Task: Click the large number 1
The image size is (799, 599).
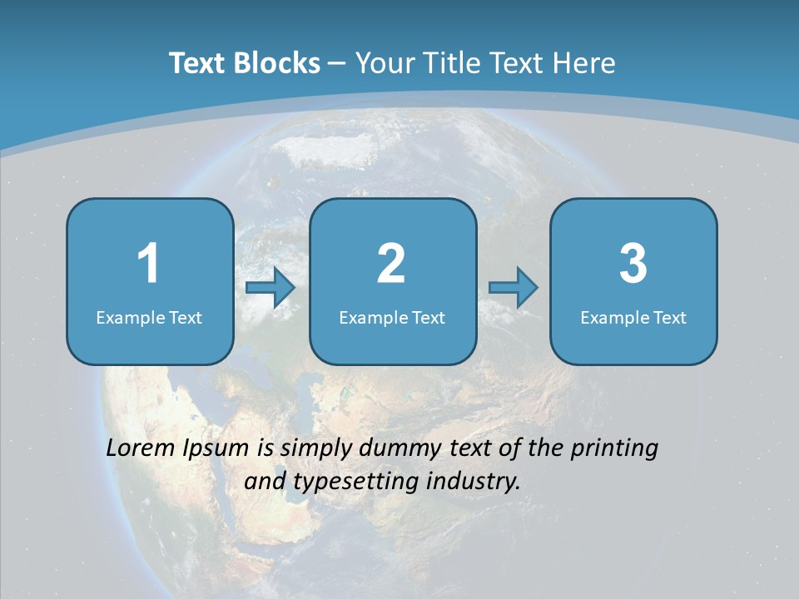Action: [x=148, y=264]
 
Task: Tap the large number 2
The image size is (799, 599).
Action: [x=391, y=264]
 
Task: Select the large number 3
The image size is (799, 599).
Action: [x=633, y=264]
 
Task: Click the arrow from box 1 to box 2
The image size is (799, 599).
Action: [x=271, y=288]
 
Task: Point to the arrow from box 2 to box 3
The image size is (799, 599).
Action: [x=514, y=288]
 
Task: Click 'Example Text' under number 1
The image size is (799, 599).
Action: [x=149, y=318]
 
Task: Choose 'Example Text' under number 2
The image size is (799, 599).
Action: [x=392, y=318]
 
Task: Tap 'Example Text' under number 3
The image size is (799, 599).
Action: [x=633, y=318]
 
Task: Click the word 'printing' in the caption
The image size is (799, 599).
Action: [x=614, y=449]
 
